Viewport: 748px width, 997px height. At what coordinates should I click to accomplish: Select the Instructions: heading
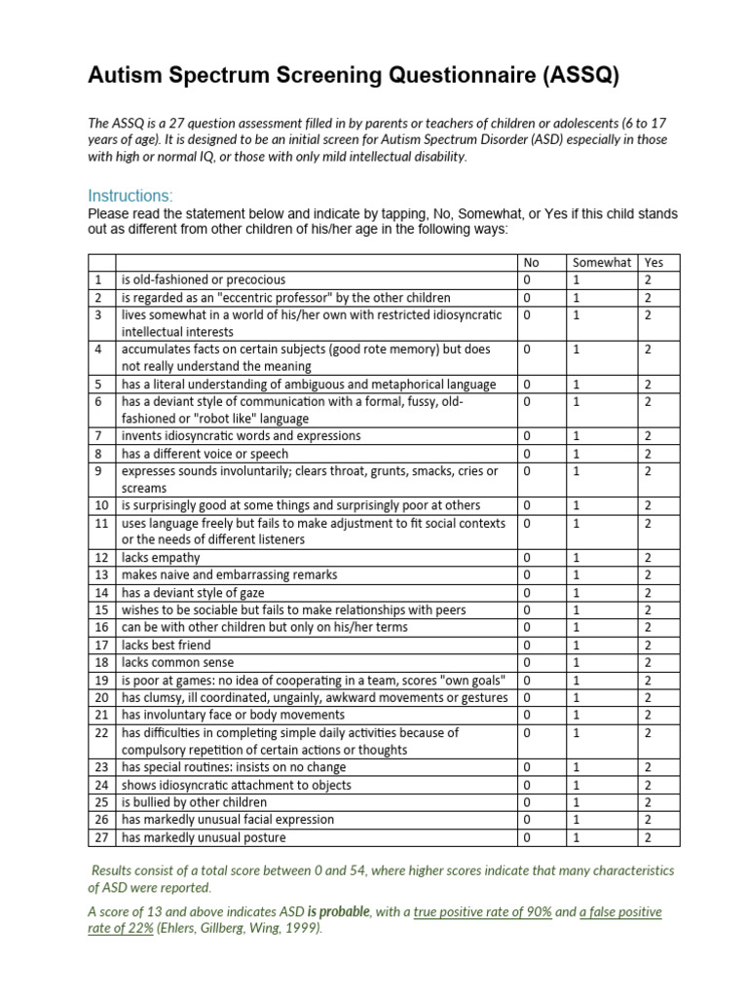click(130, 195)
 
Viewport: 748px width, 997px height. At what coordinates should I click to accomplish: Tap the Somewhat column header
click(602, 262)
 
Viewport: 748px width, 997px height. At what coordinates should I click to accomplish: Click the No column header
click(531, 262)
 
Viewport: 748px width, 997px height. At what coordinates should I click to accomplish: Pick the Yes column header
click(654, 262)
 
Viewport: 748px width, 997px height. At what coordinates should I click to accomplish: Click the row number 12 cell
click(101, 558)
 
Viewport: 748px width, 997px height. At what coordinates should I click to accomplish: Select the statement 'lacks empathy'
click(161, 558)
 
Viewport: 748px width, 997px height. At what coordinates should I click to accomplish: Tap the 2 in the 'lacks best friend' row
click(648, 646)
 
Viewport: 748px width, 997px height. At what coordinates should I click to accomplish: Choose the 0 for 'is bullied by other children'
click(527, 802)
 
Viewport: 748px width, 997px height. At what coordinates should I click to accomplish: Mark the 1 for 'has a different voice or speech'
click(576, 454)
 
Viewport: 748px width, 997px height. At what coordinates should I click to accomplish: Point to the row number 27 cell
click(101, 837)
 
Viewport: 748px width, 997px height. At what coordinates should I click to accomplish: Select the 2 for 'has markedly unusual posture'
click(648, 837)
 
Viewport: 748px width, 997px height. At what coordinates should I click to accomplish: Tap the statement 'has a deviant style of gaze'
click(193, 593)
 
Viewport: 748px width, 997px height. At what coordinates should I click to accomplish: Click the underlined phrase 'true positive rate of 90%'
click(483, 912)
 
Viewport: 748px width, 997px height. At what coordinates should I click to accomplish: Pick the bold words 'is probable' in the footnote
click(339, 912)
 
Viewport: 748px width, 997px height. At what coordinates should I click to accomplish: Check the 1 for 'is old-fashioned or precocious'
click(576, 279)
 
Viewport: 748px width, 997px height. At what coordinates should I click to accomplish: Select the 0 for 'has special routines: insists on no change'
click(527, 767)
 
